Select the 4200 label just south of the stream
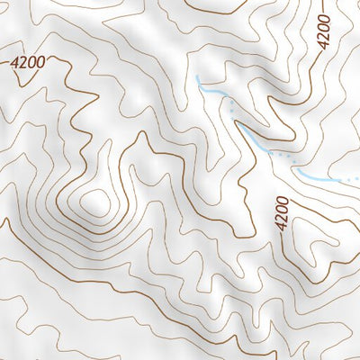click(283, 214)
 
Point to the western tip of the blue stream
click(197, 79)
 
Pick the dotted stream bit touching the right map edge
click(354, 181)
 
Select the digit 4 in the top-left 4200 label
click(14, 65)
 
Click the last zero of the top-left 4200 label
click(40, 61)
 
